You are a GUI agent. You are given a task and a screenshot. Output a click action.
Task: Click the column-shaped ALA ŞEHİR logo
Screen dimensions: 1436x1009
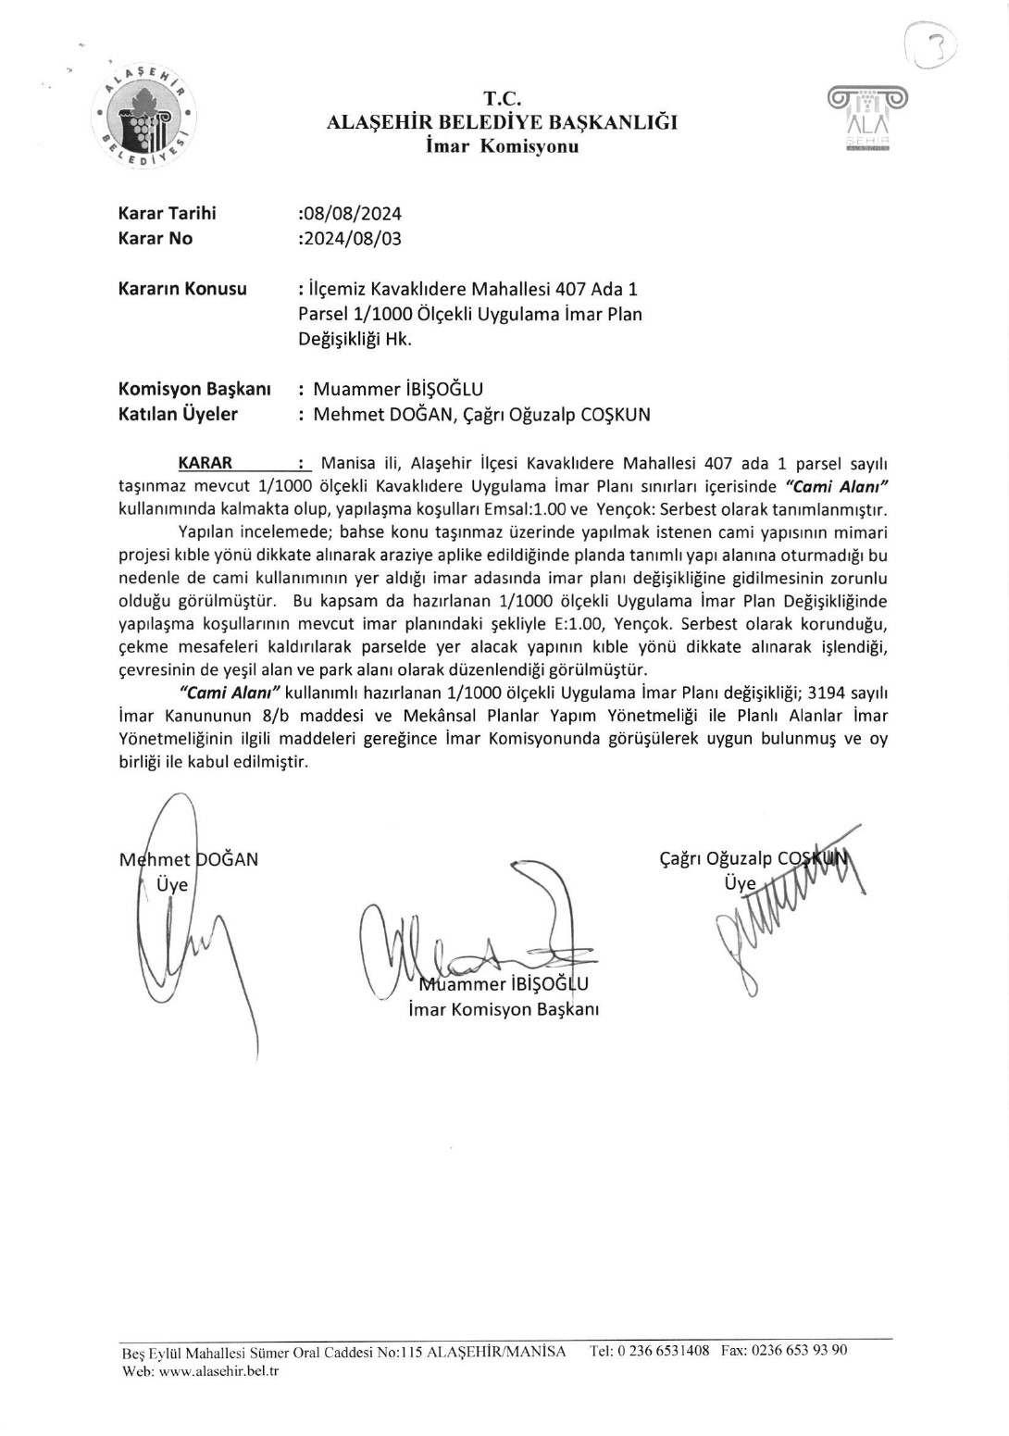click(x=867, y=118)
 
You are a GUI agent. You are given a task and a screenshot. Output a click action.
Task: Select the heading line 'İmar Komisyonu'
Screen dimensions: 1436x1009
click(x=503, y=146)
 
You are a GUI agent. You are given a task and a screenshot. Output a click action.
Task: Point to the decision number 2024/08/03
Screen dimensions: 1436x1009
click(x=352, y=238)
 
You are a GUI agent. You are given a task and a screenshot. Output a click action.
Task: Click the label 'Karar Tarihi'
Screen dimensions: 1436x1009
click(x=168, y=213)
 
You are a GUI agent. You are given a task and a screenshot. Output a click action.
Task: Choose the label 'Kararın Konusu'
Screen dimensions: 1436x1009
click(x=182, y=288)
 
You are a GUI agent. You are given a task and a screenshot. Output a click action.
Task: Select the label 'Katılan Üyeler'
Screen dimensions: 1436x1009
click(x=178, y=414)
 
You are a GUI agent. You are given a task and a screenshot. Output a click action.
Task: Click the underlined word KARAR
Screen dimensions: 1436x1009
click(x=205, y=462)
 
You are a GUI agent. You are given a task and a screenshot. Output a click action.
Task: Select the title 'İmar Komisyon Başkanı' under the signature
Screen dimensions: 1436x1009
click(x=504, y=1008)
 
